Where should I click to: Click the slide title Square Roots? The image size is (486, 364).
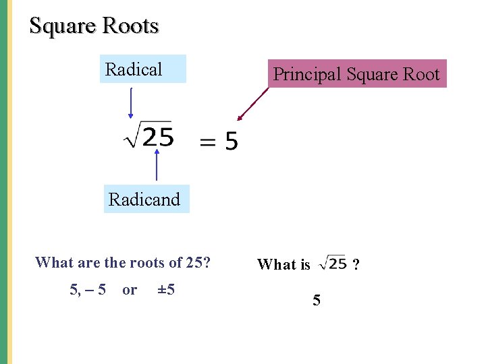coord(94,26)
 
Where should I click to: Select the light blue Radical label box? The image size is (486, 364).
coord(142,69)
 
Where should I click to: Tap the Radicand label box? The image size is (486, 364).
coord(146,199)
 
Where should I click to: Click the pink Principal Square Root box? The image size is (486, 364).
coord(356,74)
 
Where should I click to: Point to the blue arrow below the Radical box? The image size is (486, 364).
coord(130,102)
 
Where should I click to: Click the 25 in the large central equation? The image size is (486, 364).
coord(159,138)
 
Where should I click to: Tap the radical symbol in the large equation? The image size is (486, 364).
coord(132,136)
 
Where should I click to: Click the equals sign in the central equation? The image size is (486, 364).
coord(208,142)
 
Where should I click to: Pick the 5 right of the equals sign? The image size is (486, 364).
coord(231,142)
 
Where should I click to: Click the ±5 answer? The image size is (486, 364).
coord(166,290)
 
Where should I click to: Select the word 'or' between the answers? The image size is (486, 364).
coord(130,290)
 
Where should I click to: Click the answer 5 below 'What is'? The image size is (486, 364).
coord(317,300)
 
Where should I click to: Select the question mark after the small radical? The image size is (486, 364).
coord(356,264)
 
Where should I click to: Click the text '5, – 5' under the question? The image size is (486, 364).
coord(88,290)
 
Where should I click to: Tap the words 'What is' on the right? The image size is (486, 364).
coord(283,264)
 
